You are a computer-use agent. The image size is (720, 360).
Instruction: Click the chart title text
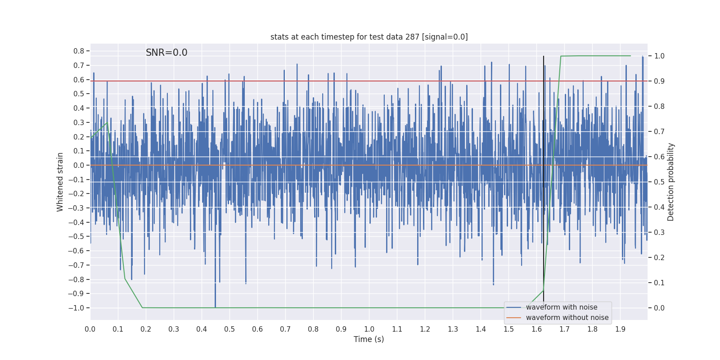tap(369, 37)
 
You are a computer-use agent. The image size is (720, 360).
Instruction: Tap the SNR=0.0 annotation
tap(166, 53)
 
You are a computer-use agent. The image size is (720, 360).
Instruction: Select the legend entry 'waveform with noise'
tap(562, 307)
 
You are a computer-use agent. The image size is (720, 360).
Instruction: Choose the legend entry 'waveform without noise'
tap(567, 318)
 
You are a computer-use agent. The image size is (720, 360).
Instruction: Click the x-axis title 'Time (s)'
tap(369, 339)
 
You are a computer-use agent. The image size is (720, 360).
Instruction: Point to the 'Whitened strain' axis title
tap(60, 182)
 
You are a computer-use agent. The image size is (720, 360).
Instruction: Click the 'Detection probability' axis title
tap(671, 182)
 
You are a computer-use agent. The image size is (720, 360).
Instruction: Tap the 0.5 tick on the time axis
tap(229, 329)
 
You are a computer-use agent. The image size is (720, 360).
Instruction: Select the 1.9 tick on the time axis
tap(620, 329)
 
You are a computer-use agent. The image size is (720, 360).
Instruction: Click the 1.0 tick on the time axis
tap(369, 329)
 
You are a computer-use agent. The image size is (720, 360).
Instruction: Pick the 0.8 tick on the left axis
tap(79, 51)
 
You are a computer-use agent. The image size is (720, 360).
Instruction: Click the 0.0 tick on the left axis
tap(79, 165)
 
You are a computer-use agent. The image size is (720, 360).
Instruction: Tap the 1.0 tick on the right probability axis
tap(659, 56)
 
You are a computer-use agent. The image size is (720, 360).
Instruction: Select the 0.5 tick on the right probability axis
tap(659, 182)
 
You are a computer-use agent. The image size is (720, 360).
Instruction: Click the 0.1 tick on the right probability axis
tap(659, 283)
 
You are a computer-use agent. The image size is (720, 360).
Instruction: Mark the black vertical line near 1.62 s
tap(543, 180)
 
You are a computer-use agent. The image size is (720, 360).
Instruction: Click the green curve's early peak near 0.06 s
tap(107, 123)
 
